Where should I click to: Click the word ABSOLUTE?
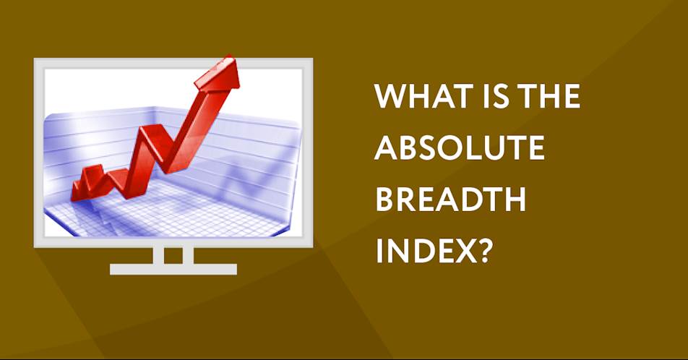pos(460,147)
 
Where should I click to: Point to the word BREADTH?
pos(451,199)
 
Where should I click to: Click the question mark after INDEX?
pos(483,250)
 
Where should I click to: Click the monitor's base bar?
pos(173,269)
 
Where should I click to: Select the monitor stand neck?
pos(173,255)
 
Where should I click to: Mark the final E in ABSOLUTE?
pos(537,147)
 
